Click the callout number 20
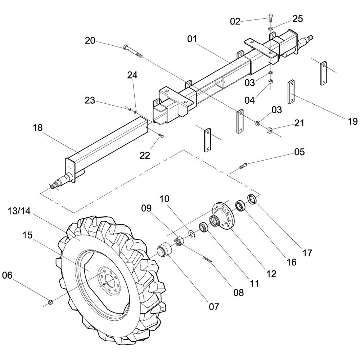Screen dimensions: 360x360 90,40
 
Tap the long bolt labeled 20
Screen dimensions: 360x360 132,51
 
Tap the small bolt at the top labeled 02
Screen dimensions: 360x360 271,17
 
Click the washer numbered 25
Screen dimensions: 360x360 270,28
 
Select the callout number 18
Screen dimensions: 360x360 37,128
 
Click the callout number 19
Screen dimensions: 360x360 353,121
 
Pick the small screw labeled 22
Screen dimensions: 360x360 161,136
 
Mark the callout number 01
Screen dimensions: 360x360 192,39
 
